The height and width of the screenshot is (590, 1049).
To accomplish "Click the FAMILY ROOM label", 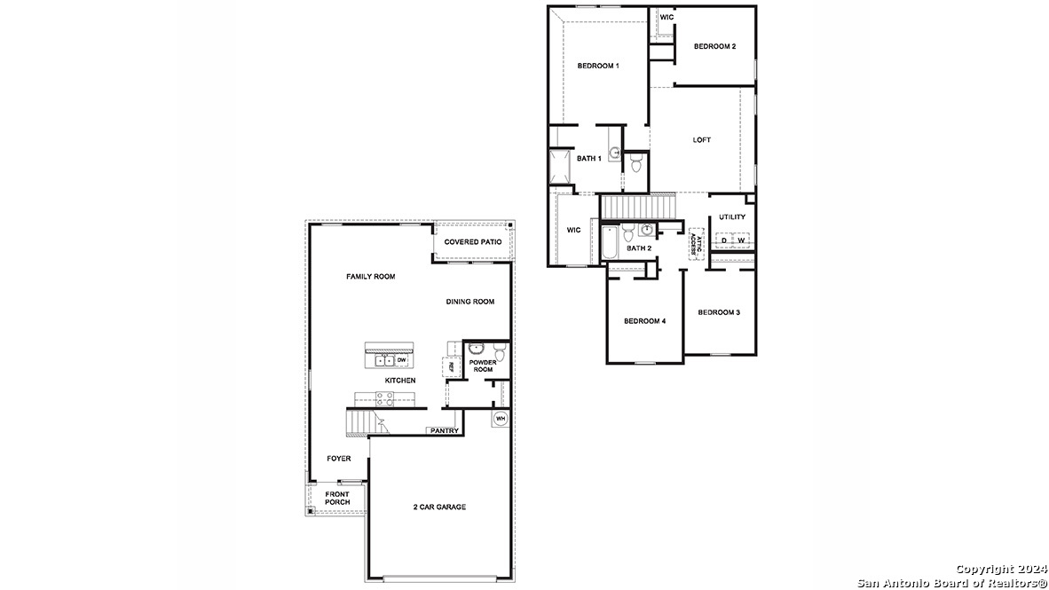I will point(370,277).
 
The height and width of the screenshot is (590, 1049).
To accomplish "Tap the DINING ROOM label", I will point(469,302).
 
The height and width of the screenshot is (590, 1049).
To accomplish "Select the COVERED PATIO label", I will point(473,242).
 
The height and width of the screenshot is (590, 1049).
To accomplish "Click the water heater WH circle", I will point(500,419).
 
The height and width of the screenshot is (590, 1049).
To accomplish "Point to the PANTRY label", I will point(444,431).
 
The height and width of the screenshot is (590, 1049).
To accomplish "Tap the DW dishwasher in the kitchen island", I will point(401,360).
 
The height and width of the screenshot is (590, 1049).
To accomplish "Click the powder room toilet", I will point(500,355).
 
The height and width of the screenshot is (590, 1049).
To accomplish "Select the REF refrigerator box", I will point(450,366).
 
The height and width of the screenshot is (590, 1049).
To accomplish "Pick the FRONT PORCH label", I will point(337,498).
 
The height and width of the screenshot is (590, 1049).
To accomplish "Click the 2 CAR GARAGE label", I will point(439,507).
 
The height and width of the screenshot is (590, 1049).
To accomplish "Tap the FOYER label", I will point(338,459).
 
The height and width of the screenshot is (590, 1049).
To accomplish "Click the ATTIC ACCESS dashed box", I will point(698,244).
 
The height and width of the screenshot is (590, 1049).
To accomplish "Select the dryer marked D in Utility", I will point(724,240).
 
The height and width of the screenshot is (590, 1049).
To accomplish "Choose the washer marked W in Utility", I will point(741,240).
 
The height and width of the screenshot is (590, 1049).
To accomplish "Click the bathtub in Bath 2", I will point(611,243).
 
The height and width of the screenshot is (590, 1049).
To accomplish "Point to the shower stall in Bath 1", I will point(561,167).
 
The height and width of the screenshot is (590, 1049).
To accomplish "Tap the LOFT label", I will point(702,139).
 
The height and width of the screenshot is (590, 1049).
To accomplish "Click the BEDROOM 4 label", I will point(644,320).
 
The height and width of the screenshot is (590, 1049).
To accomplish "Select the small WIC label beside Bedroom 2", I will point(666,17).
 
